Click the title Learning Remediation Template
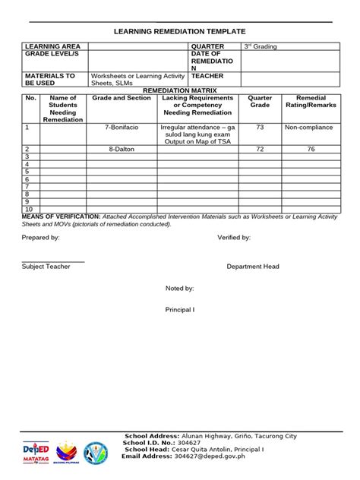180,32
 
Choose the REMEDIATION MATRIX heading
179,90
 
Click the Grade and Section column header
122,99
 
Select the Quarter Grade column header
260,102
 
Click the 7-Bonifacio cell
122,128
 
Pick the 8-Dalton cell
122,150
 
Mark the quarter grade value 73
260,128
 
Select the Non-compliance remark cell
309,128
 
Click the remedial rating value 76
310,150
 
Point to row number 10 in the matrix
29,208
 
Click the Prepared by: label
40,238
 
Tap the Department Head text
253,267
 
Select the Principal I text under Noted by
180,310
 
